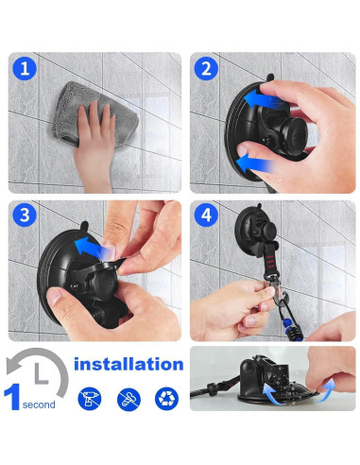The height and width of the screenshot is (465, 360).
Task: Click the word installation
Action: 129,364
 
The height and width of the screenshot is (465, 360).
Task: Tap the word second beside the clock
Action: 40,405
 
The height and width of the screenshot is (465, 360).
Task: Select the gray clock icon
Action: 36,372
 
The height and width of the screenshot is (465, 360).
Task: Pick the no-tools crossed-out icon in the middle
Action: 129,398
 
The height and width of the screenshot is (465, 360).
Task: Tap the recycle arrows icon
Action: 166,398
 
